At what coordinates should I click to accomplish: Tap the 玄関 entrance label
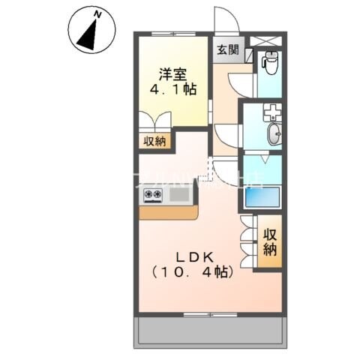(x=228, y=50)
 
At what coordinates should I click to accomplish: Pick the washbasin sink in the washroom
(x=274, y=136)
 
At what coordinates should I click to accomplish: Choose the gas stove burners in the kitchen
(x=153, y=196)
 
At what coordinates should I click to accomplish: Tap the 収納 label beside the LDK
(x=270, y=241)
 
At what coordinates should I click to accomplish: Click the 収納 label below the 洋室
(x=155, y=140)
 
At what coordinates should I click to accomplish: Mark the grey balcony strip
(x=209, y=332)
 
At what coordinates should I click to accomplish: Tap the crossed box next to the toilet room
(x=267, y=40)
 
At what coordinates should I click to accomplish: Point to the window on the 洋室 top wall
(x=172, y=34)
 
